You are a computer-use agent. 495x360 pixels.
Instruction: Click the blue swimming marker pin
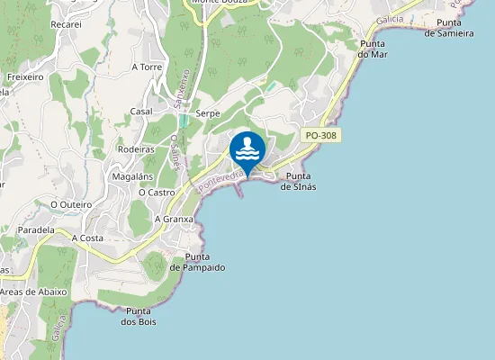(247, 149)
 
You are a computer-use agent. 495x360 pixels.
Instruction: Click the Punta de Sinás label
(298, 181)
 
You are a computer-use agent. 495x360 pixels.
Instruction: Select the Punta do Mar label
(372, 49)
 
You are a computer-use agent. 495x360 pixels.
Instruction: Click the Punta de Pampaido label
(197, 262)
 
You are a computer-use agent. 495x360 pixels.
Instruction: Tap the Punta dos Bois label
(139, 316)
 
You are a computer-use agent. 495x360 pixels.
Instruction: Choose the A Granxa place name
(175, 219)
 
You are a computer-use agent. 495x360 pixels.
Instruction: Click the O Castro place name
(157, 192)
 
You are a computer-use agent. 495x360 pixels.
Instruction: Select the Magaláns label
(131, 177)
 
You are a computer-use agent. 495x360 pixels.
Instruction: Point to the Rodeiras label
(135, 149)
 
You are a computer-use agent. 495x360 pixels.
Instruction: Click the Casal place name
(141, 111)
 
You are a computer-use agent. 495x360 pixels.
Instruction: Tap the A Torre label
(146, 67)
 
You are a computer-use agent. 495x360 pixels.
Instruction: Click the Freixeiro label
(25, 77)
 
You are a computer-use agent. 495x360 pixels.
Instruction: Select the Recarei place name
(67, 24)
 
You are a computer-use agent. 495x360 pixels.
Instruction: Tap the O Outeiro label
(67, 204)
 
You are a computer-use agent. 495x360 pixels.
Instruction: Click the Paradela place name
(35, 230)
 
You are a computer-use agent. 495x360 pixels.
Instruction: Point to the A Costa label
(88, 238)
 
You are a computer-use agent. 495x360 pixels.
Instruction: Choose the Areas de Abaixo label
(33, 292)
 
